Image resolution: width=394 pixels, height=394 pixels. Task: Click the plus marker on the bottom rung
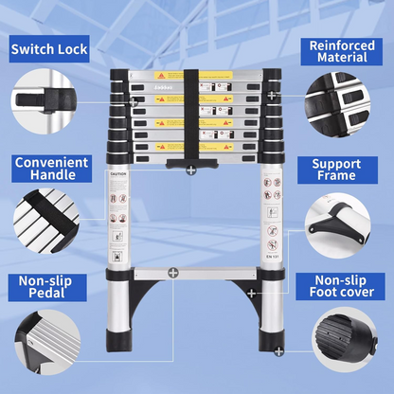click(x=173, y=273)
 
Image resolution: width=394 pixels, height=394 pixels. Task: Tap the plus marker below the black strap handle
click(x=192, y=171)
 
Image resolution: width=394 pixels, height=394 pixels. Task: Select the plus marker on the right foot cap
click(x=278, y=351)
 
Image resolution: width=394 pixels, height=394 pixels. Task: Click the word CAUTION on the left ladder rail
click(x=116, y=176)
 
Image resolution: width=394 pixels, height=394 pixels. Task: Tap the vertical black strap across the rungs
click(x=192, y=114)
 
